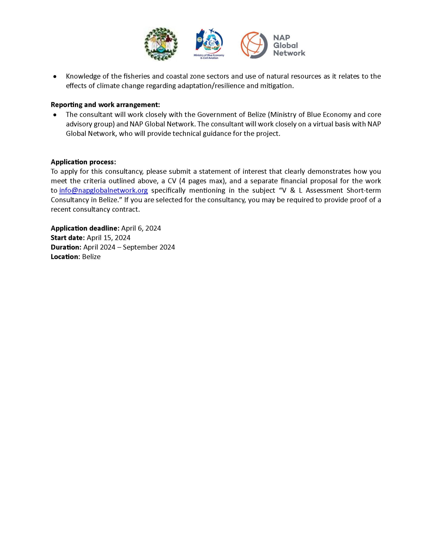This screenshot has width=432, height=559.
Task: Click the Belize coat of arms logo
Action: (161, 44)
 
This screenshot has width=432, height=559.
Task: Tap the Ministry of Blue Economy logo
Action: (209, 43)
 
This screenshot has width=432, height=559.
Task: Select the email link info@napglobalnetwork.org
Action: (104, 190)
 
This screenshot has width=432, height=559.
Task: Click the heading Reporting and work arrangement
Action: (105, 105)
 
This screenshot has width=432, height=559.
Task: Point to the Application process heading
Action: (83, 162)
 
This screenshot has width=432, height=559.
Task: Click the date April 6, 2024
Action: (141, 228)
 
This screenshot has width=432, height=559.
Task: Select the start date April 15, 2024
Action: (109, 238)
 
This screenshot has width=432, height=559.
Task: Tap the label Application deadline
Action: (85, 228)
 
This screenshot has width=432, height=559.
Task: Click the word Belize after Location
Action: (92, 257)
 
